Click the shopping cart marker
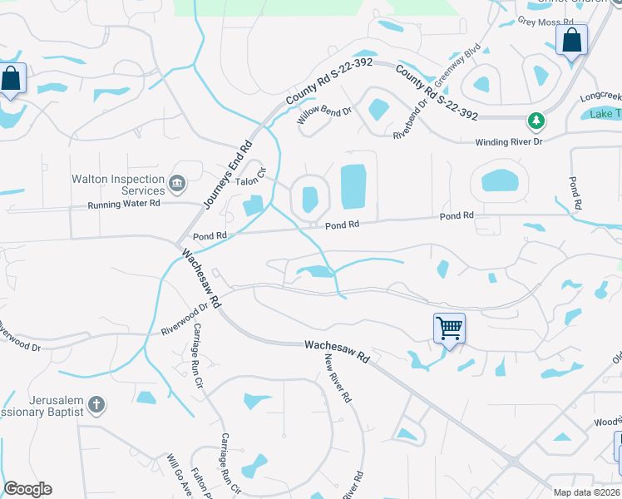(x=449, y=328)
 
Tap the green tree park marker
(x=537, y=121)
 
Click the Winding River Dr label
(x=508, y=142)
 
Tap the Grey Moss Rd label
(x=545, y=22)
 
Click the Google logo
(x=27, y=489)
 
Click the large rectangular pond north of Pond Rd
(x=353, y=187)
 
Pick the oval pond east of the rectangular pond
(x=499, y=180)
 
